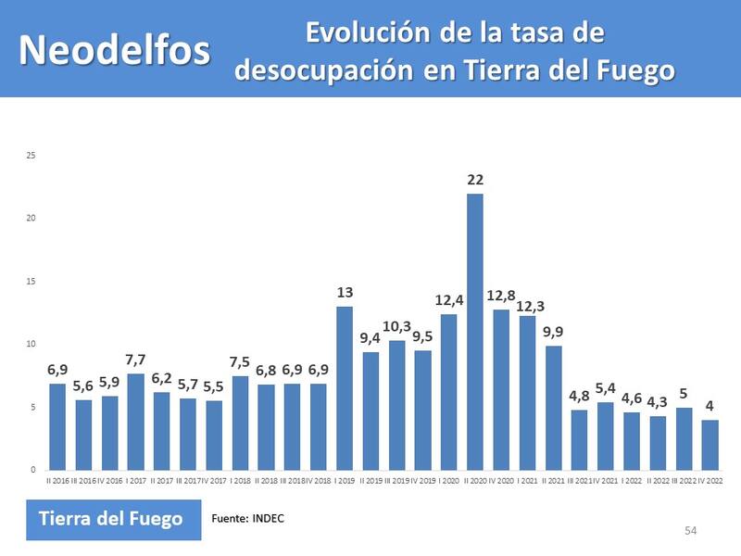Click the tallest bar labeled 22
point(475,331)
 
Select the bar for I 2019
point(345,387)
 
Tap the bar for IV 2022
point(710,444)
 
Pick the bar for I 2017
point(135,421)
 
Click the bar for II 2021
point(553,407)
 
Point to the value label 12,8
point(501,296)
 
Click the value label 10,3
point(396,326)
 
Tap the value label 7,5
point(240,361)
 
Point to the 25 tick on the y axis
point(31,155)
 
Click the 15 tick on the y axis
point(31,281)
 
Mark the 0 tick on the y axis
point(32,470)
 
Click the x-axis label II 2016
point(57,480)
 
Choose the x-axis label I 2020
point(448,480)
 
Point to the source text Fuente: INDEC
point(248,518)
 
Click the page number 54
point(690,530)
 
